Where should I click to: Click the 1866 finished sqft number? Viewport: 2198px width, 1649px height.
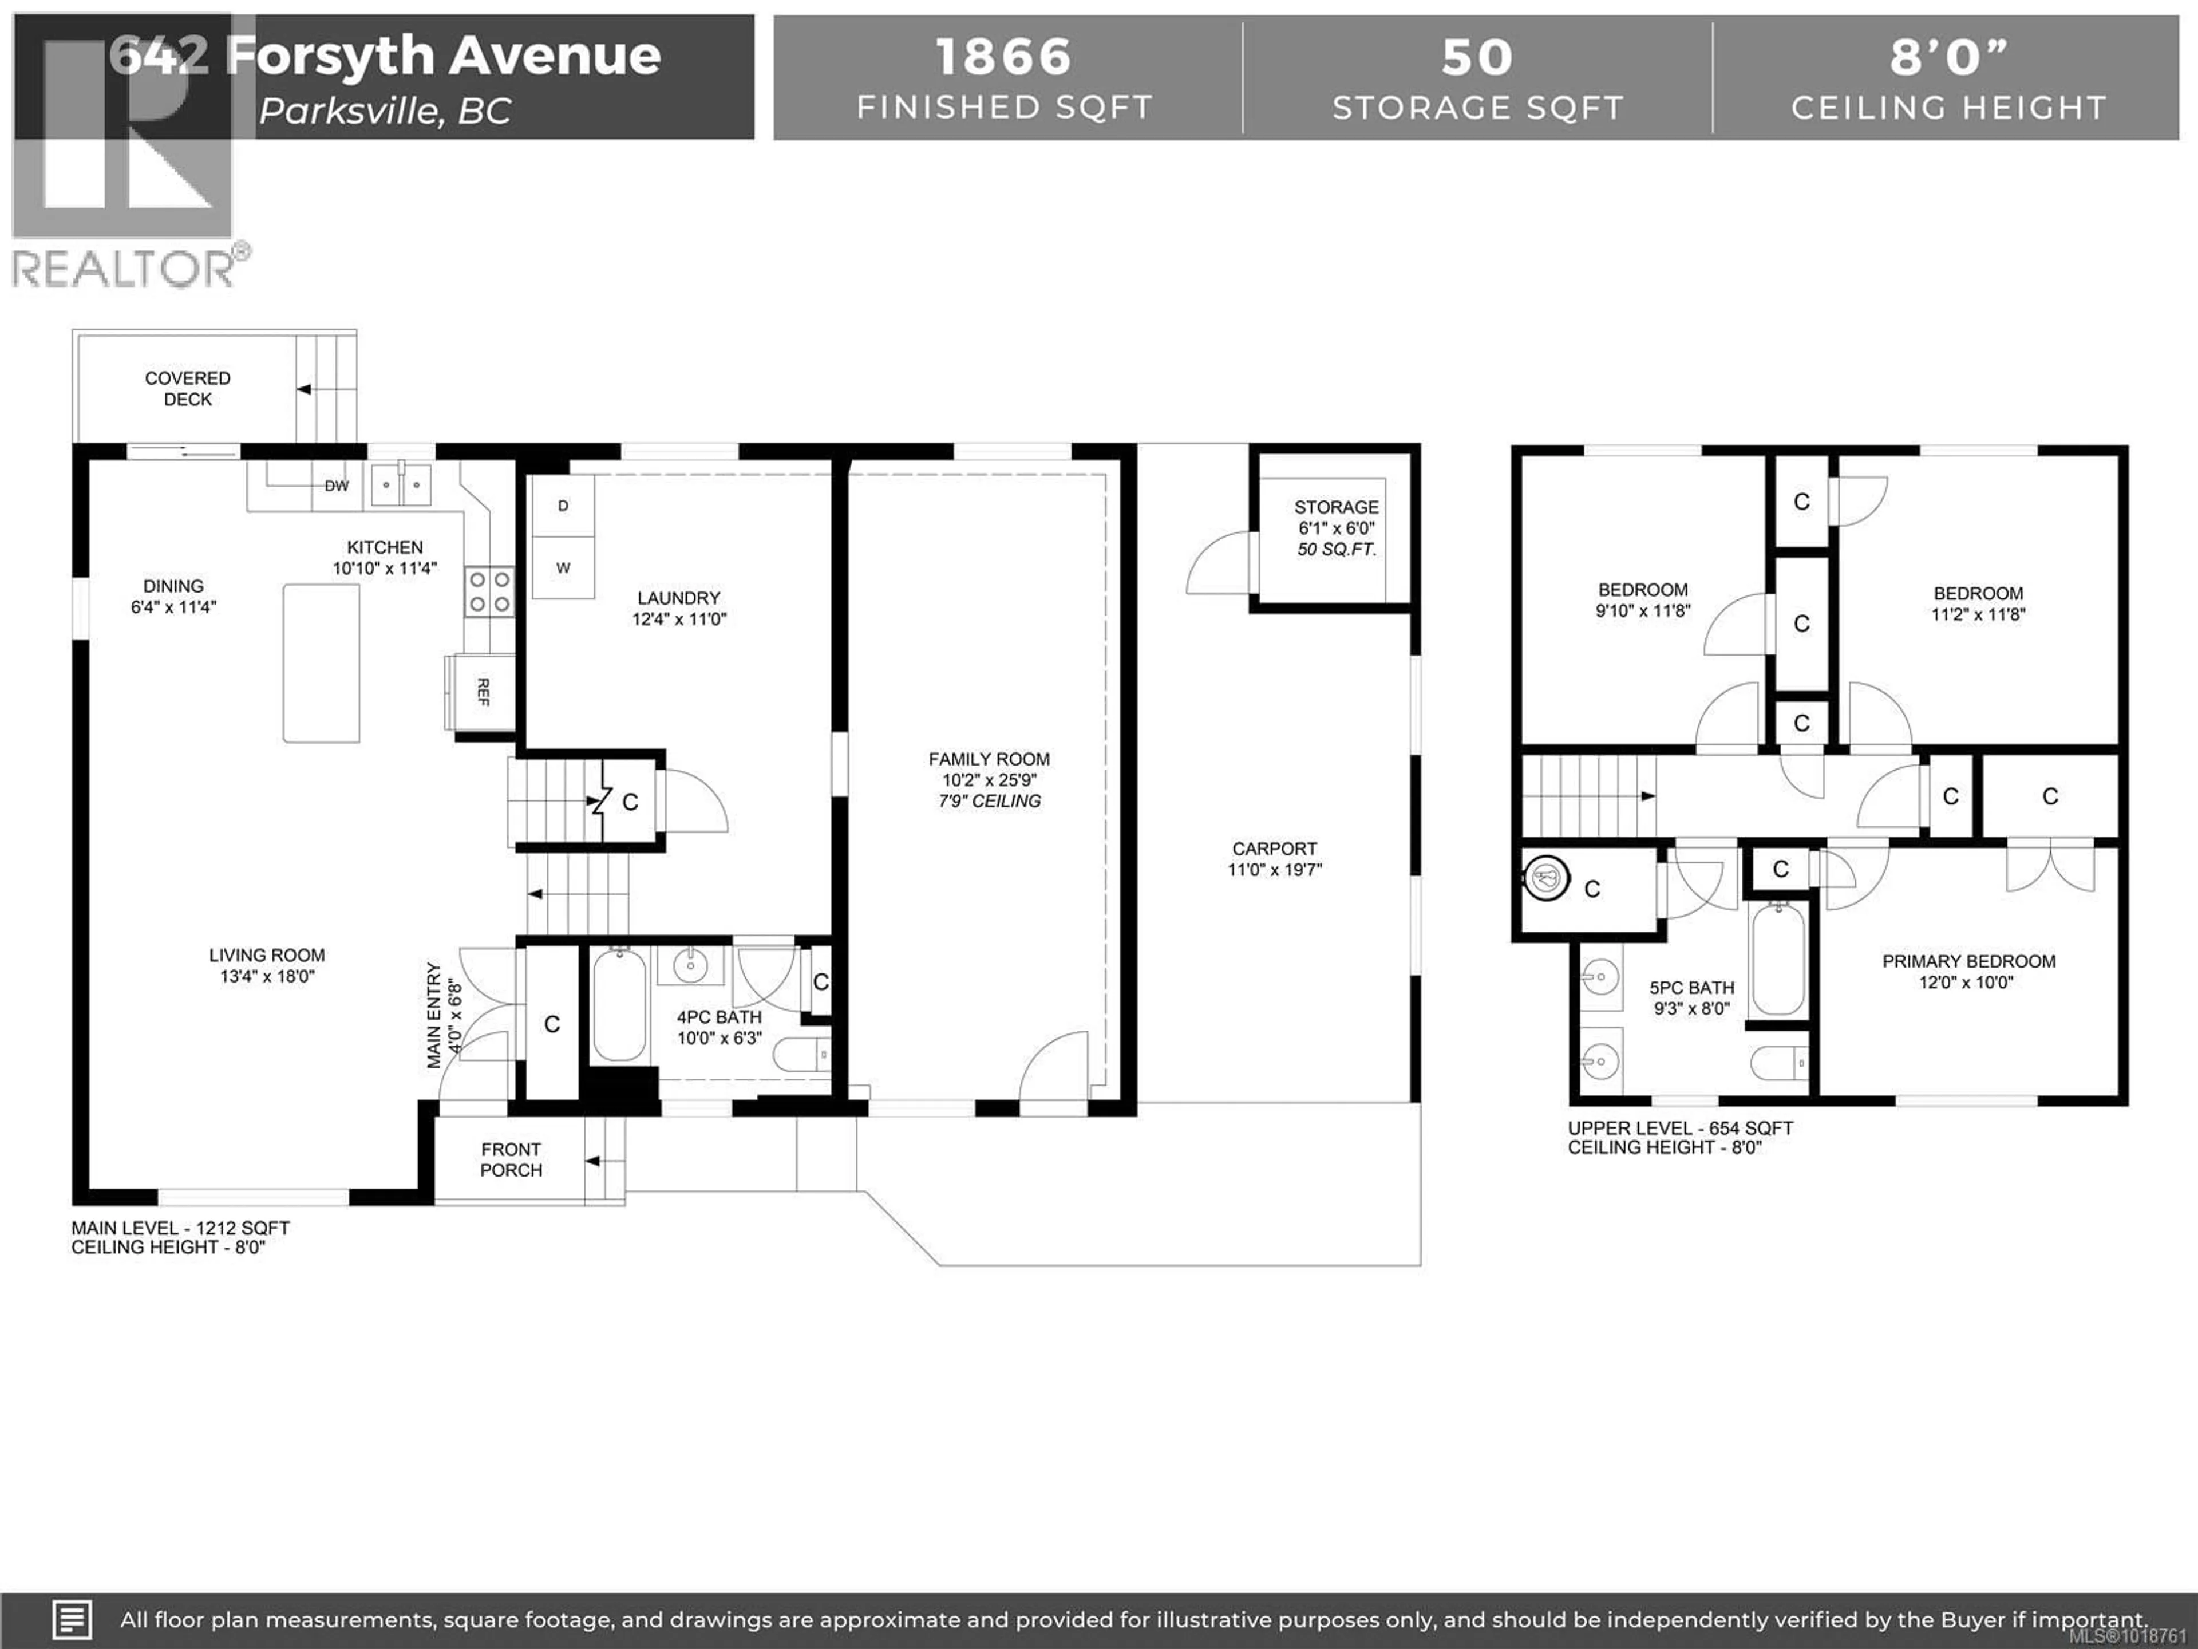1003,57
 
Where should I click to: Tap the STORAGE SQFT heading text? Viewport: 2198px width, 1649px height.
1477,107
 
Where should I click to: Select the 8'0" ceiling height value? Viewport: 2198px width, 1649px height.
1948,57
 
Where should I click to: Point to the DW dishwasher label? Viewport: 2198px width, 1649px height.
337,486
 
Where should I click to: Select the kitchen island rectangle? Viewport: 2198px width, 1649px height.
321,663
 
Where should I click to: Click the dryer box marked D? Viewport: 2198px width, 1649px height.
563,506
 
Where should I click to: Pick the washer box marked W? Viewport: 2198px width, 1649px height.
563,567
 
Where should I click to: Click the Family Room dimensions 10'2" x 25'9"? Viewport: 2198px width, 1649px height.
989,780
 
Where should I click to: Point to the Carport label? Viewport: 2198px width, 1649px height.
1274,849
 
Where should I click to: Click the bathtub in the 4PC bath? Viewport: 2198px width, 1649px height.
619,1004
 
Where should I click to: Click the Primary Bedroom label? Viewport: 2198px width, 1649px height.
1968,961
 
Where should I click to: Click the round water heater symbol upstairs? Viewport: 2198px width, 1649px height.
1545,879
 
